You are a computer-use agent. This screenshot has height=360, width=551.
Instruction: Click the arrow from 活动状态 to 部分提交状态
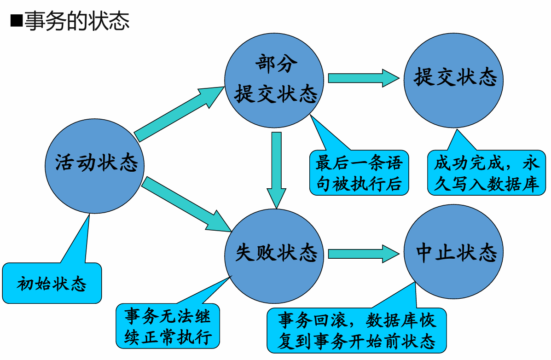pyautogui.click(x=175, y=113)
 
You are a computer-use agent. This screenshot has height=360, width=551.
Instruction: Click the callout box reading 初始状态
pyautogui.click(x=52, y=284)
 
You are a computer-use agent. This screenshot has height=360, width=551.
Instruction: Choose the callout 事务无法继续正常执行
pyautogui.click(x=168, y=327)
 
